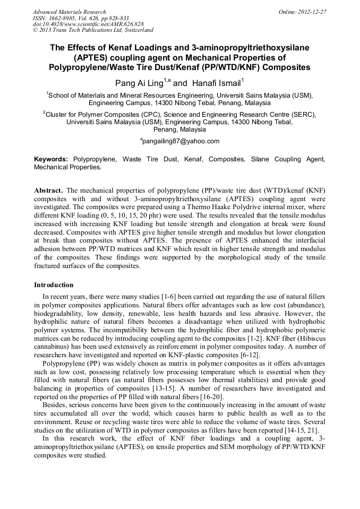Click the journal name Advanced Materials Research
[x=69, y=12]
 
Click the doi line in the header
[x=88, y=24]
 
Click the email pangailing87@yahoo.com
[x=181, y=141]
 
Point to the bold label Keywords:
[x=52, y=159]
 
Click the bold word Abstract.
[x=49, y=190]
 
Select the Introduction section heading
[x=54, y=285]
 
